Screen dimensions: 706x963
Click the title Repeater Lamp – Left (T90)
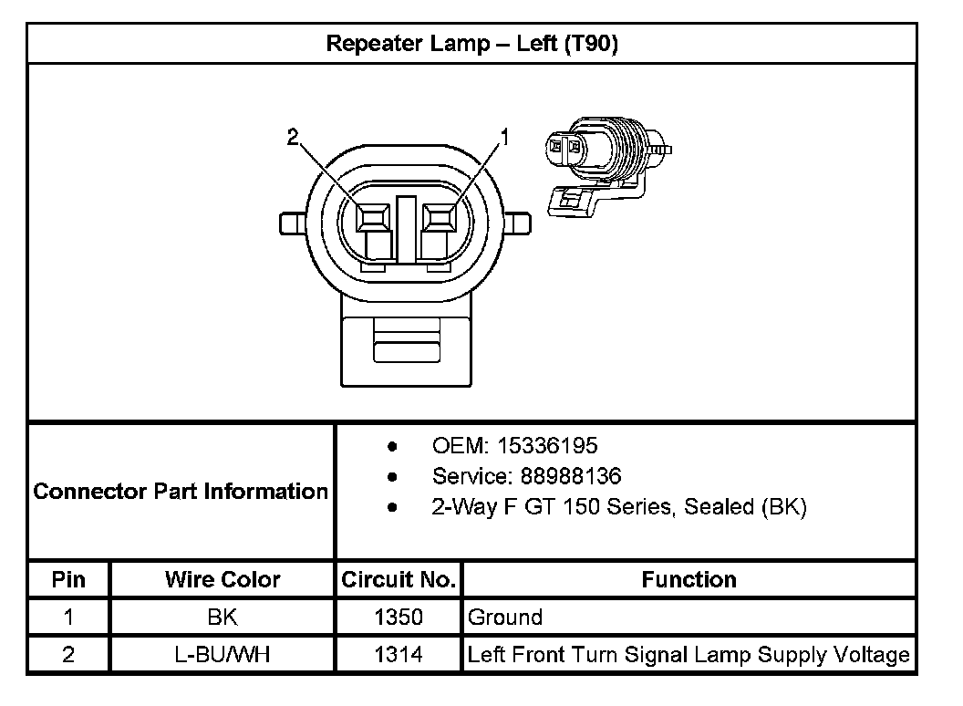471,44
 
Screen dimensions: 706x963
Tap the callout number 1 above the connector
502,138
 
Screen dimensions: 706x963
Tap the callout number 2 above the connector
292,138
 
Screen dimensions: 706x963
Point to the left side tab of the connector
292,223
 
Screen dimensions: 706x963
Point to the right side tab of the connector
518,223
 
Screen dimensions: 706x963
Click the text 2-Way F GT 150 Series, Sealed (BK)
619,507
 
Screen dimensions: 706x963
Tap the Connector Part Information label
181,492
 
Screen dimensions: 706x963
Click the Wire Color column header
223,579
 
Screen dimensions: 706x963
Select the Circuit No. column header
399,579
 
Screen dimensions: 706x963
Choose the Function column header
689,579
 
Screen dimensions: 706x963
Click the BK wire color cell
223,618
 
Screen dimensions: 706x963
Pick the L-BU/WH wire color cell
223,655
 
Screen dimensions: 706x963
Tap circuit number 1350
399,618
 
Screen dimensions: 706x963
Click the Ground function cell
505,618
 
